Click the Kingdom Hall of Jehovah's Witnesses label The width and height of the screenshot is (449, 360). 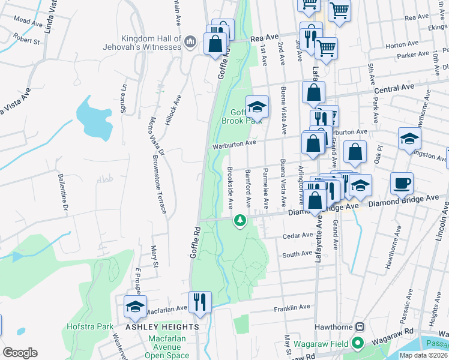coord(151,43)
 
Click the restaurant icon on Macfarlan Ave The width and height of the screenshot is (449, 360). coord(200,301)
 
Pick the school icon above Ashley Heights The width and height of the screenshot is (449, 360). coord(135,306)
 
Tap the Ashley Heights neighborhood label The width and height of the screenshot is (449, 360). coord(162,327)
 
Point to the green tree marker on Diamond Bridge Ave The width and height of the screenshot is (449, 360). coord(240,221)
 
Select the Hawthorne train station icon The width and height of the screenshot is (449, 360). coord(360,327)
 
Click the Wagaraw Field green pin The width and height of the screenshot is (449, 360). coord(358,344)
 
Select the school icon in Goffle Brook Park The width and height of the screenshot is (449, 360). coord(257,106)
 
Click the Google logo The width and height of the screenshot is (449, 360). coord(20,352)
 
